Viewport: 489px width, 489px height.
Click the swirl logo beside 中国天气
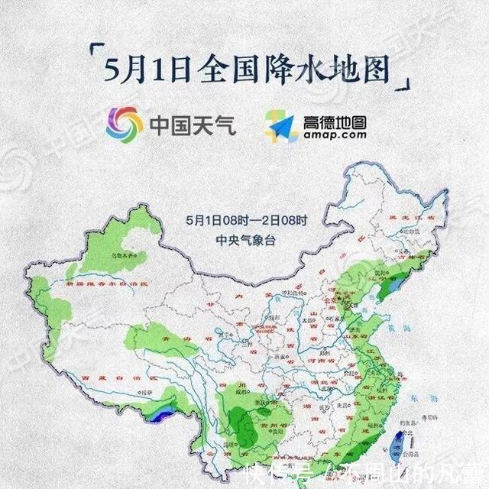click(124, 123)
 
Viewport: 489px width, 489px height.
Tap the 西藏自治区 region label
click(111, 377)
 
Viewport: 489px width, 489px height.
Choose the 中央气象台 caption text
click(244, 238)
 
